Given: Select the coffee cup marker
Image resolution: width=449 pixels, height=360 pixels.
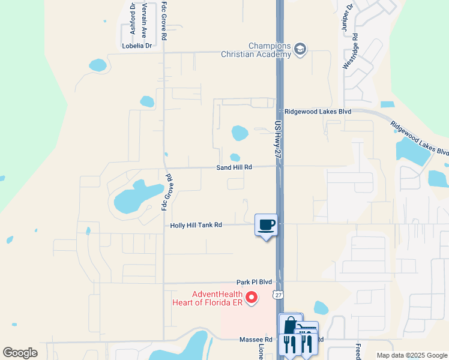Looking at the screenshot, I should [x=267, y=226].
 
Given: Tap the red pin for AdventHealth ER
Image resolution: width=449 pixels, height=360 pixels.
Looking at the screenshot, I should [x=253, y=296].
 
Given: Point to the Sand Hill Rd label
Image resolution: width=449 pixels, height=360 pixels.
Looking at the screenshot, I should [x=234, y=167].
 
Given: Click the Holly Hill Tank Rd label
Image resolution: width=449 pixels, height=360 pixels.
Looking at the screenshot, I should [x=196, y=225].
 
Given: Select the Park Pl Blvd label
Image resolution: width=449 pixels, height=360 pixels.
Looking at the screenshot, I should [x=254, y=282].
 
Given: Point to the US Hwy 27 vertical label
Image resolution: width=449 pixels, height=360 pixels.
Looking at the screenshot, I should [x=277, y=140].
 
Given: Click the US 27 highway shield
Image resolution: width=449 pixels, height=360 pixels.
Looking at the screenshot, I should [x=277, y=295].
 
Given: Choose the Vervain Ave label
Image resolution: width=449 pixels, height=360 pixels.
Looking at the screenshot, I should [x=144, y=18].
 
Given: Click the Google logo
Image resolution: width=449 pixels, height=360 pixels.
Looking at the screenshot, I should [x=20, y=352].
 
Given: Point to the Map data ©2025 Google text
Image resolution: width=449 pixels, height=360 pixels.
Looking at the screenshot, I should [x=411, y=355].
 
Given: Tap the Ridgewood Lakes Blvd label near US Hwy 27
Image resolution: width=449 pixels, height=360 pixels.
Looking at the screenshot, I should [x=318, y=112].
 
